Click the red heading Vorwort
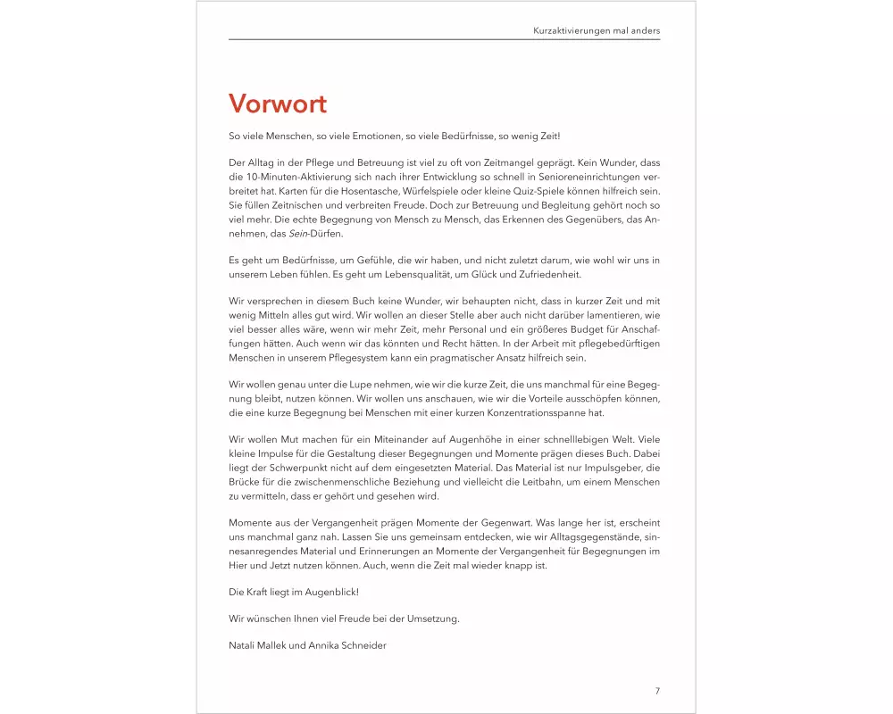(278, 104)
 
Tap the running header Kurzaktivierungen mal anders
(596, 29)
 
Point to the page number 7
(657, 691)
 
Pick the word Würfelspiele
(472, 192)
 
